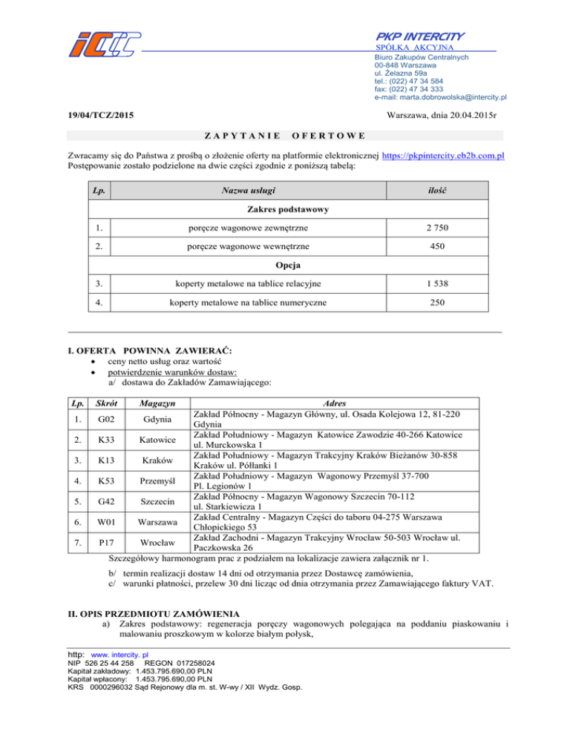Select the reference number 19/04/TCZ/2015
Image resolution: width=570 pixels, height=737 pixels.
click(x=100, y=116)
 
